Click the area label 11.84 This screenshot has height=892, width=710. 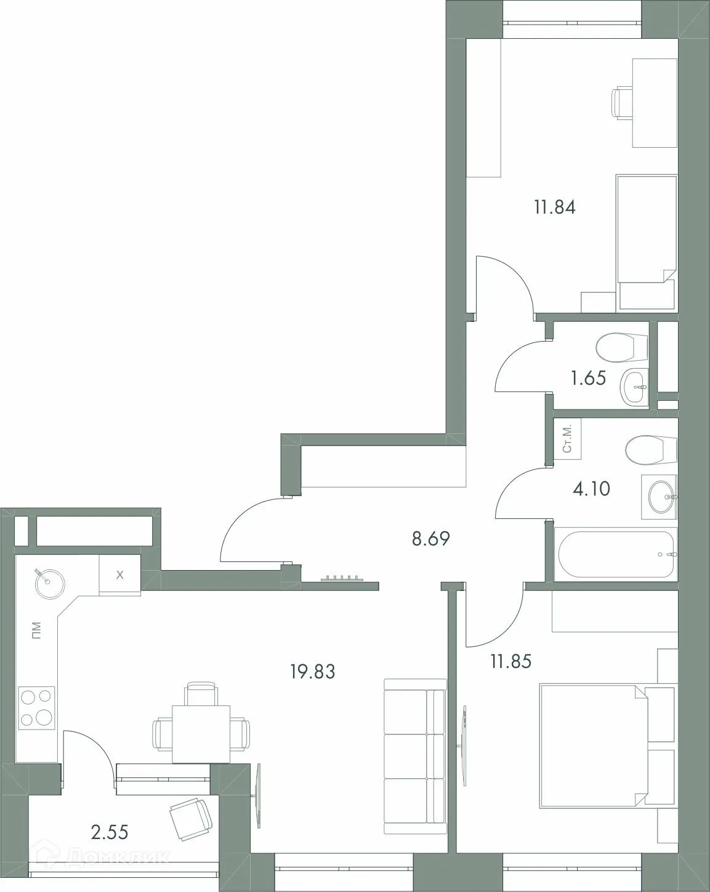click(x=555, y=207)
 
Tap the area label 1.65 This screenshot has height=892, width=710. click(x=588, y=378)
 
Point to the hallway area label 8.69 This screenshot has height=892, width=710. click(x=431, y=540)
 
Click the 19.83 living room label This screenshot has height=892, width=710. click(x=313, y=672)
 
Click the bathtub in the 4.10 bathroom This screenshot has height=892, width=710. click(x=616, y=555)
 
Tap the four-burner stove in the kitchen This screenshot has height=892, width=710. click(x=37, y=708)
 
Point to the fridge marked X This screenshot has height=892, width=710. click(x=120, y=575)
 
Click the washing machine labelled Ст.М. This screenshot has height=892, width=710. click(x=567, y=438)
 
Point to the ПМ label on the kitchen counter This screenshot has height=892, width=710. click(x=37, y=630)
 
